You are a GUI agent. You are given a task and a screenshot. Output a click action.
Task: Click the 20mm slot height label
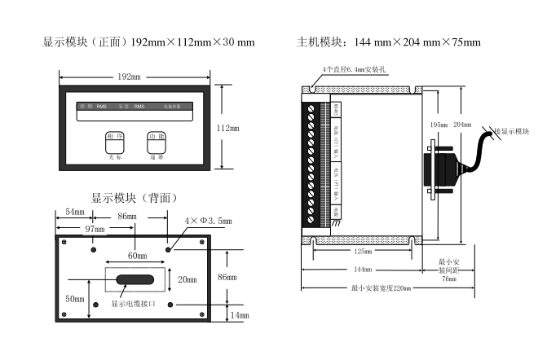pos(187,279)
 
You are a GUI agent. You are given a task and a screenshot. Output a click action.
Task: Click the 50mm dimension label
pos(75,299)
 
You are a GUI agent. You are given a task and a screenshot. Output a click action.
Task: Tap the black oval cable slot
pos(134,280)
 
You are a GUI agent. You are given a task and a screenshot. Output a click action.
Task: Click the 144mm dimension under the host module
pos(363,270)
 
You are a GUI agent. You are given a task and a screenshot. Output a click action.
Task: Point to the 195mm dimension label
pos(438,125)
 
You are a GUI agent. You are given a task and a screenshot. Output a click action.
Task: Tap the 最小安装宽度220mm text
pos(381,288)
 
